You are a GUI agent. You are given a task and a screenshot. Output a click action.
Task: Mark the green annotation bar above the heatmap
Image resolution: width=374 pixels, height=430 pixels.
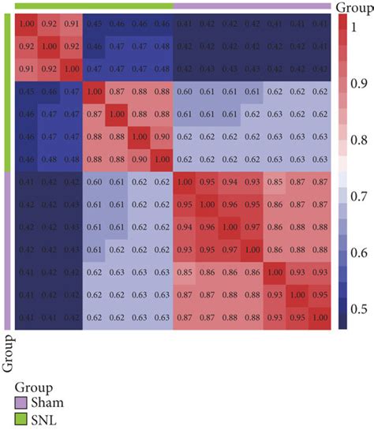(94, 6)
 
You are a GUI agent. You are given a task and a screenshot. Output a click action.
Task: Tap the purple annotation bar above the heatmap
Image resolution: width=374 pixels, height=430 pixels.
(252, 6)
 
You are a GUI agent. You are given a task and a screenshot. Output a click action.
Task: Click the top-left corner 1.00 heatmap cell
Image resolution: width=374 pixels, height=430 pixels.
(27, 25)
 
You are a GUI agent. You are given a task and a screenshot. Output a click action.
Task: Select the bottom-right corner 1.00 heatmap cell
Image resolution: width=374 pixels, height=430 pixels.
(320, 317)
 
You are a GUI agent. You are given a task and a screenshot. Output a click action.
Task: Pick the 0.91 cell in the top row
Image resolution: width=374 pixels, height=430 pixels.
(72, 25)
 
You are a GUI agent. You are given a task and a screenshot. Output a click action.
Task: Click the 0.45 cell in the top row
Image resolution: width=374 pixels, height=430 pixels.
(94, 25)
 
